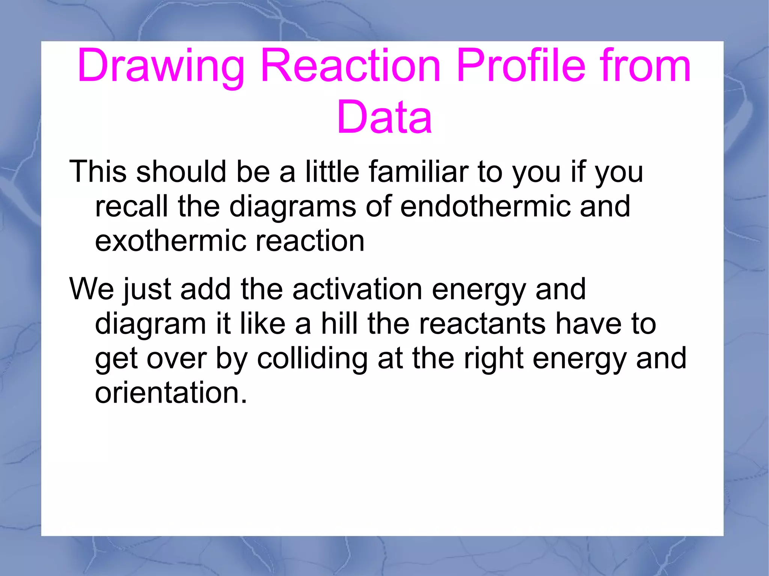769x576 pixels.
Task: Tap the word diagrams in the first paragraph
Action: pyautogui.click(x=292, y=207)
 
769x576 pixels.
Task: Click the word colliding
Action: pyautogui.click(x=312, y=358)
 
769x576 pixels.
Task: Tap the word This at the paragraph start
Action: pyautogui.click(x=98, y=171)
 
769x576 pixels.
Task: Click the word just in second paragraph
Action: pyautogui.click(x=147, y=290)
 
